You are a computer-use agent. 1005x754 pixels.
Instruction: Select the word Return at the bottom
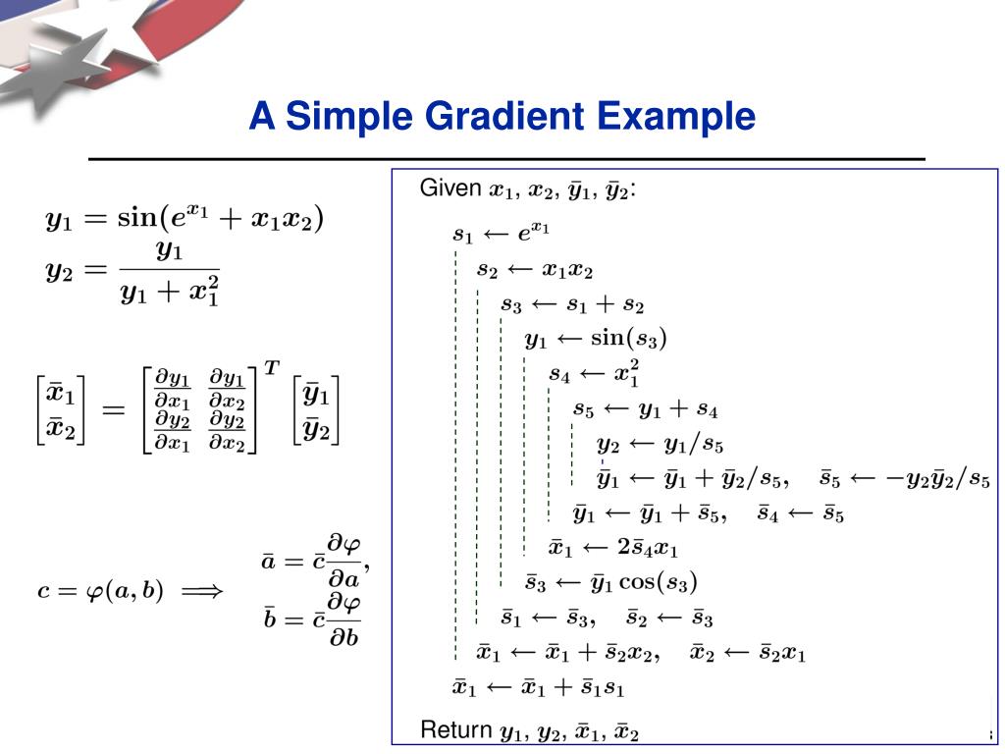click(x=455, y=729)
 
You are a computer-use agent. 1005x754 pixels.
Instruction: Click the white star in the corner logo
click(x=79, y=54)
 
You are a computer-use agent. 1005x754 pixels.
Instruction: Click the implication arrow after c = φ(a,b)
click(x=203, y=592)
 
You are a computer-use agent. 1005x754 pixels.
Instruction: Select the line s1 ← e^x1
click(x=501, y=234)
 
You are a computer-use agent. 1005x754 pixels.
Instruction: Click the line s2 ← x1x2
click(x=535, y=269)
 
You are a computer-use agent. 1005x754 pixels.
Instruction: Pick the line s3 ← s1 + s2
click(x=572, y=304)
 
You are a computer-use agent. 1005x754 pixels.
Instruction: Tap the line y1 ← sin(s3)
click(x=596, y=340)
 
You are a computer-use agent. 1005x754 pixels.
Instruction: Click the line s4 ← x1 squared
click(x=595, y=374)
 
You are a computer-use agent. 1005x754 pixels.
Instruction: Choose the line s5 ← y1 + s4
click(x=646, y=409)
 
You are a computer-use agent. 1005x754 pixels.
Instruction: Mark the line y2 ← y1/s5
click(x=661, y=445)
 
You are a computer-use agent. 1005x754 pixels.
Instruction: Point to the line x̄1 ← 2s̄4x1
click(x=613, y=548)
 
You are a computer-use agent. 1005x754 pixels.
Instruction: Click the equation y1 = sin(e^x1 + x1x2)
click(x=185, y=217)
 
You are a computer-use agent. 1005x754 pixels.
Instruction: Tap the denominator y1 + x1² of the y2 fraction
click(x=169, y=292)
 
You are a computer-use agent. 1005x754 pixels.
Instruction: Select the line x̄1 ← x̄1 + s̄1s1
click(x=538, y=687)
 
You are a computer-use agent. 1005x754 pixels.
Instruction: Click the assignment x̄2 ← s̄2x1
click(x=748, y=652)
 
